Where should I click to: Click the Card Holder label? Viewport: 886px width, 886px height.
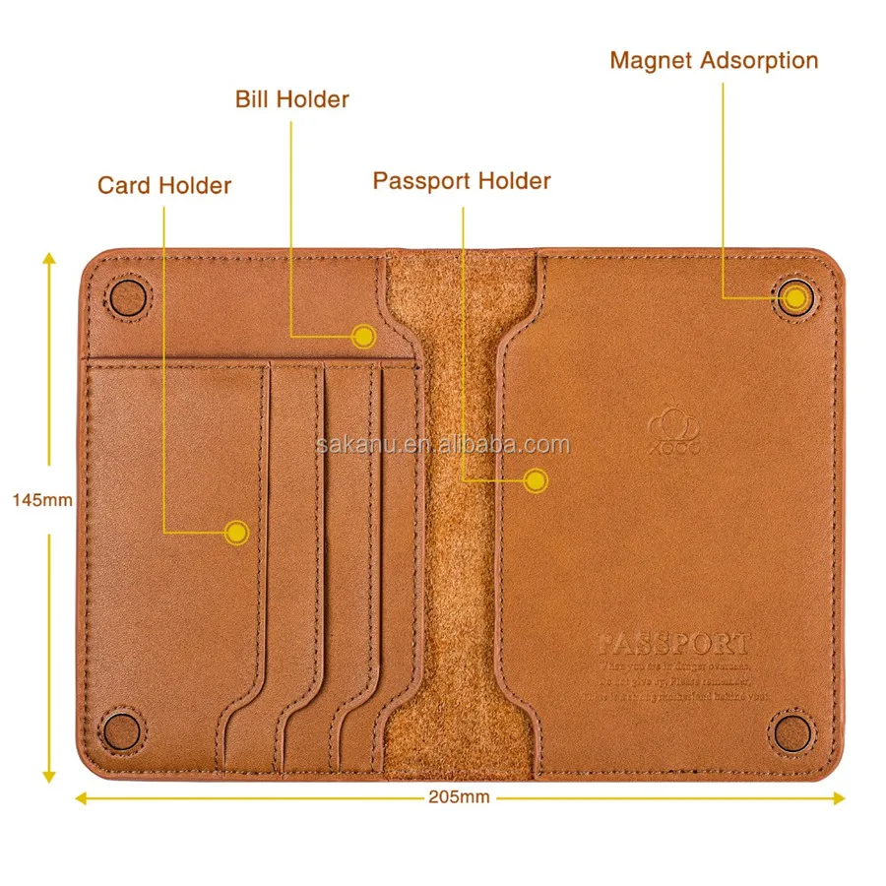point(164,185)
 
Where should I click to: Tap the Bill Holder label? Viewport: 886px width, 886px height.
point(291,99)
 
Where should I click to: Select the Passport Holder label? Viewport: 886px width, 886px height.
point(462,181)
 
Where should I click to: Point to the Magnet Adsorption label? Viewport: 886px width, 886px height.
point(714,60)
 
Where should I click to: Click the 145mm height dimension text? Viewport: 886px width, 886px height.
point(42,500)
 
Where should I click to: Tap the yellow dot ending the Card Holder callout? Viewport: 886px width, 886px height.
point(235,533)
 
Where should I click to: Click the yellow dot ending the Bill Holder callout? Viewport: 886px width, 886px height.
point(364,337)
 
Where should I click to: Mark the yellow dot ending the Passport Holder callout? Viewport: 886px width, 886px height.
point(535,480)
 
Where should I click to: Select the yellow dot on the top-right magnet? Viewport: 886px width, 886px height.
point(794,296)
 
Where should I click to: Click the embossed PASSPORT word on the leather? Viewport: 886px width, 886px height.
point(675,645)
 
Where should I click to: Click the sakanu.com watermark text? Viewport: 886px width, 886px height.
point(443,444)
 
